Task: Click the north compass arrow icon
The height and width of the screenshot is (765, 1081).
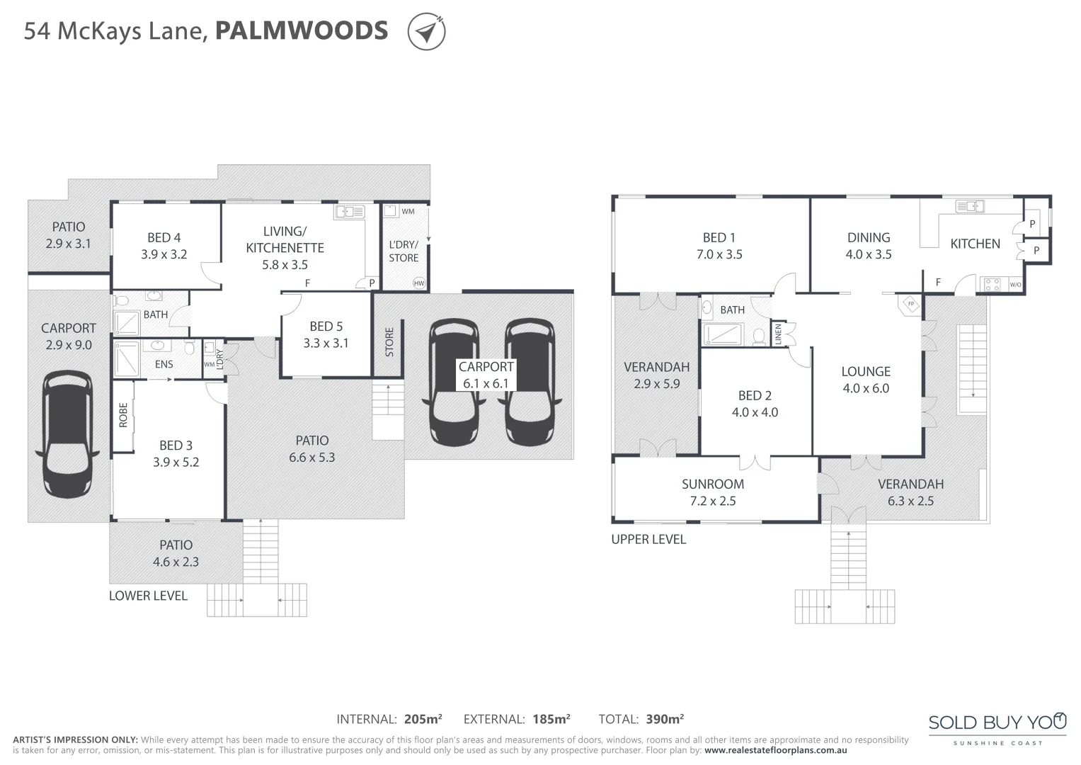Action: pos(426,32)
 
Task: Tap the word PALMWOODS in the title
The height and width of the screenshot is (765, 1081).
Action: pos(302,31)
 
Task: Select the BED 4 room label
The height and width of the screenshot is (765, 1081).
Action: pos(164,238)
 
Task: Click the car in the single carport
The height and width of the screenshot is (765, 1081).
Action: pos(67,435)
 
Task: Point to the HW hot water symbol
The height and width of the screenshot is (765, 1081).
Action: pos(419,283)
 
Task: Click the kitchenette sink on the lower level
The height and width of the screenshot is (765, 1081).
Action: pos(349,211)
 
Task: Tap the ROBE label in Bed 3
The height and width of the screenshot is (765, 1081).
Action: pos(123,415)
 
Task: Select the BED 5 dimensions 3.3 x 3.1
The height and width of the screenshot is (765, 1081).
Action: pos(326,344)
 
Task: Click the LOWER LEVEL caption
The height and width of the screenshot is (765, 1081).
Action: pos(148,596)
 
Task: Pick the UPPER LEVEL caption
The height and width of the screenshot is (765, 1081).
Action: pos(648,539)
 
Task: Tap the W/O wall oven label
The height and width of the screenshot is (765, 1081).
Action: pos(1015,285)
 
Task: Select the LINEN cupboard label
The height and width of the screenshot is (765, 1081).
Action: pos(778,334)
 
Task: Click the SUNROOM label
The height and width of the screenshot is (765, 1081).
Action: pos(712,484)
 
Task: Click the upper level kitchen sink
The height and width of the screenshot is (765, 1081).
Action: pos(969,207)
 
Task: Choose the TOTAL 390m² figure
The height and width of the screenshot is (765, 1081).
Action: pos(664,720)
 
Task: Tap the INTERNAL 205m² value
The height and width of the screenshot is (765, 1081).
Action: pos(423,720)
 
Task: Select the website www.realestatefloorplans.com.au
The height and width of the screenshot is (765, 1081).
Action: pos(775,750)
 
